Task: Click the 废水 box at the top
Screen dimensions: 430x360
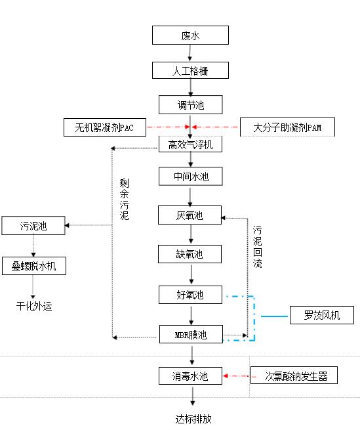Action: [x=190, y=35]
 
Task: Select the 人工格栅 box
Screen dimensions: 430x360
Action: [x=190, y=70]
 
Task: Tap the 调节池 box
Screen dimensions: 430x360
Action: [x=190, y=104]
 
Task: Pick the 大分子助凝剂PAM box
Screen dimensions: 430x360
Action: [x=287, y=127]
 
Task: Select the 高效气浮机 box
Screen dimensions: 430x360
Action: [x=190, y=144]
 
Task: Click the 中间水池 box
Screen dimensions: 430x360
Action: [x=190, y=177]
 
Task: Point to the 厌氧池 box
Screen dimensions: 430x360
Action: [x=190, y=215]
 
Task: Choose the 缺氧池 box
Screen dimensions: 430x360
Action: [x=190, y=254]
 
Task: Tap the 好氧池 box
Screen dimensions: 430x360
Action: [x=190, y=295]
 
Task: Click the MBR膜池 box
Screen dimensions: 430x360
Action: [x=190, y=335]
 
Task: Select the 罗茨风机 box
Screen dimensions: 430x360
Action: [x=321, y=316]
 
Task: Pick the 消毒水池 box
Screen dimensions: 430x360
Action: [x=190, y=376]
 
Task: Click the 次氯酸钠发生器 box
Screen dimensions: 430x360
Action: [x=292, y=376]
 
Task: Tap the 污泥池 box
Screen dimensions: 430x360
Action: [x=33, y=226]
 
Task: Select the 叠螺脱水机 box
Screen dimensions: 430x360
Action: [x=34, y=266]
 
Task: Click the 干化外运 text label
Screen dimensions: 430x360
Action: [x=34, y=305]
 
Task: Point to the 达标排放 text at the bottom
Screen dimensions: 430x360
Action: [x=193, y=418]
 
